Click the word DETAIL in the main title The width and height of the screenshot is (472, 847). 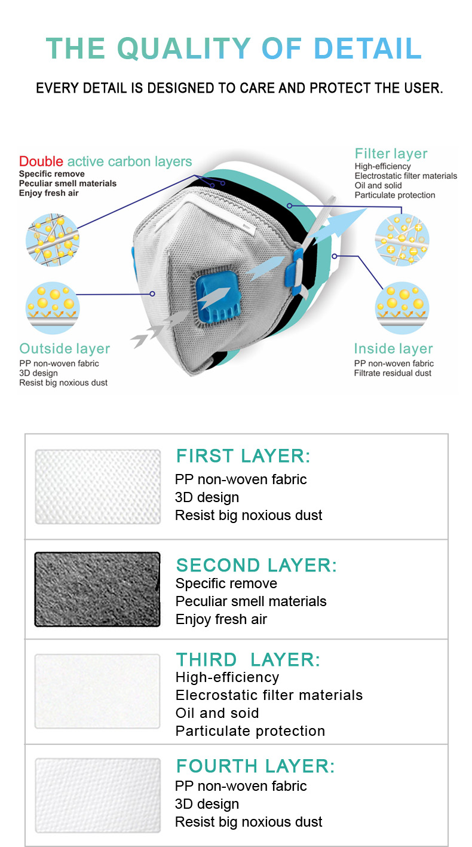(367, 48)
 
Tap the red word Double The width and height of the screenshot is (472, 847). (41, 161)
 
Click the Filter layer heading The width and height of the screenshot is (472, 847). (391, 154)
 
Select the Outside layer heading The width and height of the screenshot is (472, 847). (65, 348)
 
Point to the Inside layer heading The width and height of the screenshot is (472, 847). (393, 348)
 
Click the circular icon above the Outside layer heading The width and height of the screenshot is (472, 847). (53, 308)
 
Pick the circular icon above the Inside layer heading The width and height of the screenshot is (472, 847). (402, 308)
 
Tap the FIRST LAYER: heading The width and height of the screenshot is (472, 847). (243, 455)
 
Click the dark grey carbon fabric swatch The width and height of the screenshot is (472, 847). (97, 589)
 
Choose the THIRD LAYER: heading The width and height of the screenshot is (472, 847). (248, 660)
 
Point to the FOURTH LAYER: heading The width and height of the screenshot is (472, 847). (256, 766)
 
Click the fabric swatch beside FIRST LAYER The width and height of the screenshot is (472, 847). (98, 487)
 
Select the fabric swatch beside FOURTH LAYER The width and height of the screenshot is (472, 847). (98, 795)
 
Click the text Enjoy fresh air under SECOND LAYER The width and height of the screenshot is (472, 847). (221, 619)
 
